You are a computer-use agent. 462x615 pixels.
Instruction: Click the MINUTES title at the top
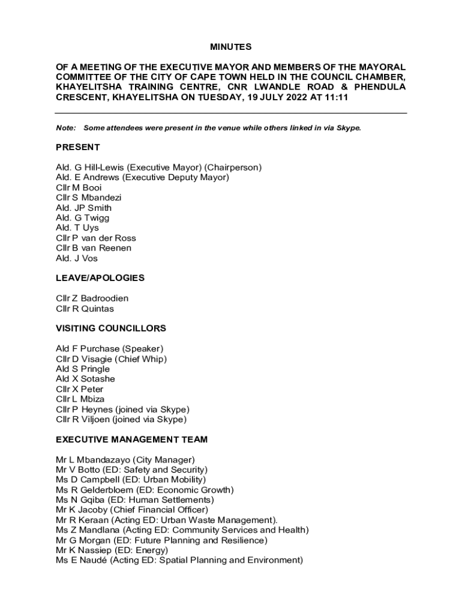pyautogui.click(x=231, y=47)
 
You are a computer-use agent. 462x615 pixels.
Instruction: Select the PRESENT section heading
pyautogui.click(x=78, y=147)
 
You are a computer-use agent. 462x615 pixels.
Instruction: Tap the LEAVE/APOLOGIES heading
pyautogui.click(x=100, y=278)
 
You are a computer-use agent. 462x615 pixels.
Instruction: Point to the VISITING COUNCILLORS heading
pyautogui.click(x=111, y=329)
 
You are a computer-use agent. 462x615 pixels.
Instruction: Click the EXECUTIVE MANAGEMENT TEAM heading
pyautogui.click(x=131, y=440)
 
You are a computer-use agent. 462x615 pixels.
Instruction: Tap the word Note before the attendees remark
pyautogui.click(x=65, y=128)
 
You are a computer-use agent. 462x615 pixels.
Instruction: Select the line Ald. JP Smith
pyautogui.click(x=83, y=208)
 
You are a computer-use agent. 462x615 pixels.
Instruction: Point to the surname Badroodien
pyautogui.click(x=104, y=298)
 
